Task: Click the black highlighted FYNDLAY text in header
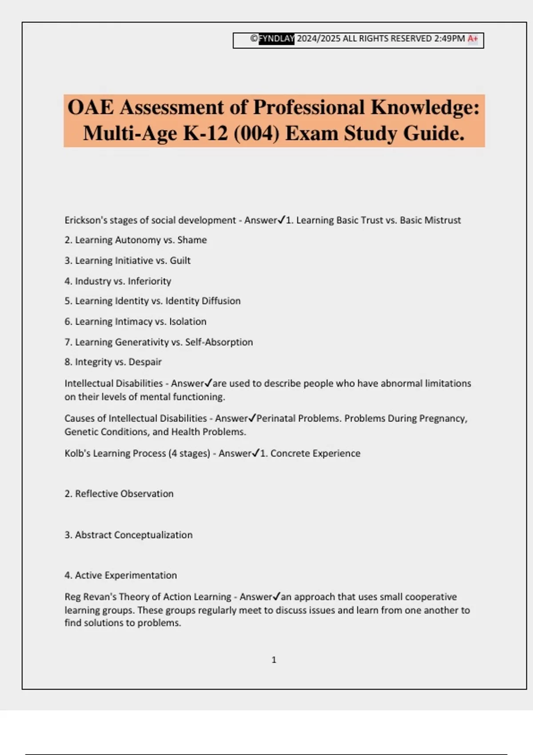(x=276, y=39)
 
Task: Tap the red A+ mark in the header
(x=473, y=39)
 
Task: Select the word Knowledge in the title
(x=425, y=107)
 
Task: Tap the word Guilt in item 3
(x=180, y=261)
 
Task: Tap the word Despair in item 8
(x=145, y=362)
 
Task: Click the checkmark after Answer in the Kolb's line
(x=255, y=453)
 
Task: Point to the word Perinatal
(x=276, y=418)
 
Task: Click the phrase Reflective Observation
(x=124, y=494)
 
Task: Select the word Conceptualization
(x=153, y=535)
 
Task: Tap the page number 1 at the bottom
(x=274, y=660)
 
